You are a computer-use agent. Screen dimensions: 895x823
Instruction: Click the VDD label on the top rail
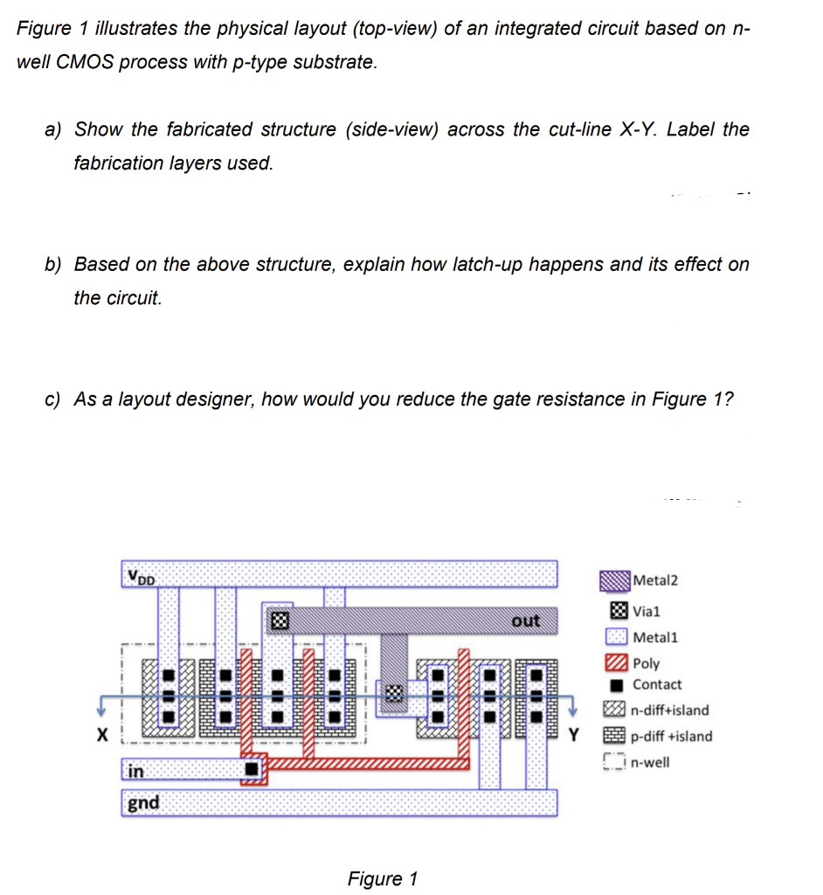141,576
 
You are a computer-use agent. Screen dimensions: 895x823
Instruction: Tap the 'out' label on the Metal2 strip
525,620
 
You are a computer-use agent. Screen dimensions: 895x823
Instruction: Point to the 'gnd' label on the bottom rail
143,802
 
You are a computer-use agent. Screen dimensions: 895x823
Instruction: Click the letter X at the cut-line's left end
102,734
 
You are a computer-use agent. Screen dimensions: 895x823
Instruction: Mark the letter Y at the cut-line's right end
574,734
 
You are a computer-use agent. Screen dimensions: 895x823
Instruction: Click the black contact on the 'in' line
252,770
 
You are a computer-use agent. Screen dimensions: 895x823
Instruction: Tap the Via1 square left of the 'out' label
279,621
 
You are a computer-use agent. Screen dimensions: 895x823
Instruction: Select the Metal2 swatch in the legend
615,580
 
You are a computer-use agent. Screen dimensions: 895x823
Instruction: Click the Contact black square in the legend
617,685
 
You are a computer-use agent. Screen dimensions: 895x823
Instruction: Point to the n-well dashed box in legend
616,762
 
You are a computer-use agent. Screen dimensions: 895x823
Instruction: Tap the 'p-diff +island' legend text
671,736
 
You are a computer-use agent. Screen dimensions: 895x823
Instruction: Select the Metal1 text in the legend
654,637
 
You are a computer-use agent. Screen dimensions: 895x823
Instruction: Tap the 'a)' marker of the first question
54,129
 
